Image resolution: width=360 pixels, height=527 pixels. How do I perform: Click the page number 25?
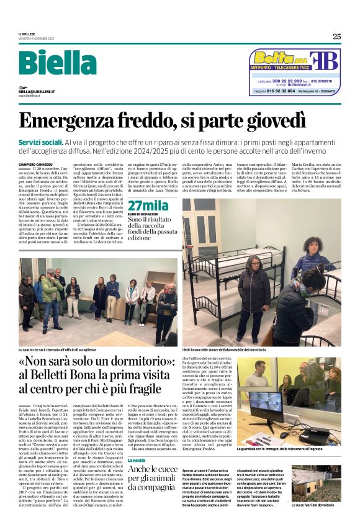point(336,36)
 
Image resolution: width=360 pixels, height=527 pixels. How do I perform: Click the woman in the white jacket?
point(132,298)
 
